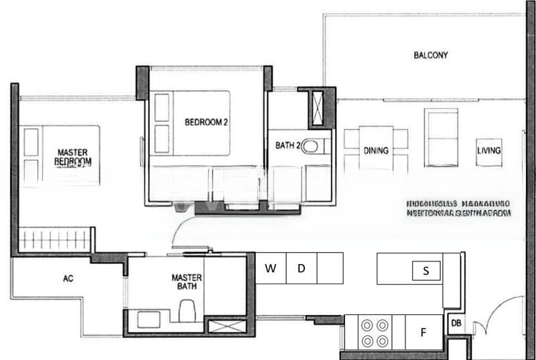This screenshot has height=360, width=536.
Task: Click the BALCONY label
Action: (x=431, y=55)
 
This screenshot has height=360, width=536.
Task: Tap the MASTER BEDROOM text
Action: (x=74, y=157)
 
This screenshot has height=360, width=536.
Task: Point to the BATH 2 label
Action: (x=288, y=145)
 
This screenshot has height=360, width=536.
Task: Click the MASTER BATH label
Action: (x=187, y=282)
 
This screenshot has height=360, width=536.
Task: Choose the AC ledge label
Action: (x=68, y=278)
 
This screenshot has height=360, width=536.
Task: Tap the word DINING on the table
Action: (x=376, y=151)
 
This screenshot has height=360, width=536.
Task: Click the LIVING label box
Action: (x=488, y=151)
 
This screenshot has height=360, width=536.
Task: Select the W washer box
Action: (x=271, y=269)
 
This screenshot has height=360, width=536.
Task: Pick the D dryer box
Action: (x=301, y=269)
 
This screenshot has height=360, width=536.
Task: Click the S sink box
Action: (x=426, y=272)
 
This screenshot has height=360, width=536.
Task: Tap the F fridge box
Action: (x=423, y=332)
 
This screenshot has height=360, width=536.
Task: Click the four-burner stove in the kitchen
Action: (x=375, y=332)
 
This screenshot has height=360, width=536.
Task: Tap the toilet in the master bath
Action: (x=187, y=311)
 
